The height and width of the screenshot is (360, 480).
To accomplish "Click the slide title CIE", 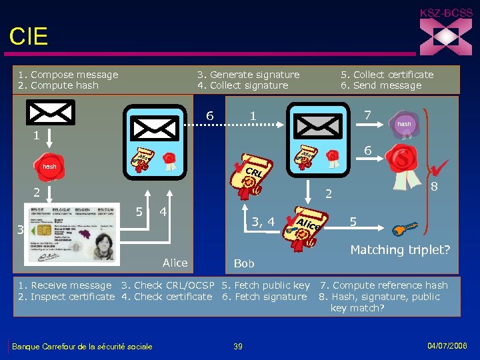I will click(29, 37).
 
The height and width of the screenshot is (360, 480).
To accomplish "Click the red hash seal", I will click(49, 166).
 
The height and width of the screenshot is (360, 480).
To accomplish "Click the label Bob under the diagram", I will click(244, 264).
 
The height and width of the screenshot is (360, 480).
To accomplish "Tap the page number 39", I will click(239, 345).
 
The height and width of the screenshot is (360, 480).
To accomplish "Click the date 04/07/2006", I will click(447, 345).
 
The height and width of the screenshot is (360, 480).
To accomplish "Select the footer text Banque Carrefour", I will click(83, 346).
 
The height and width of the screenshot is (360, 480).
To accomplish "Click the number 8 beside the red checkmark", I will click(433, 187).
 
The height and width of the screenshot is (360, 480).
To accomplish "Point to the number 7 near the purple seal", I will click(367, 116).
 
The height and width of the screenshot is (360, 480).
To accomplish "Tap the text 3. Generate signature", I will click(248, 75).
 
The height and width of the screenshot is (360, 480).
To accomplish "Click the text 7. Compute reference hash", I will click(383, 285).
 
